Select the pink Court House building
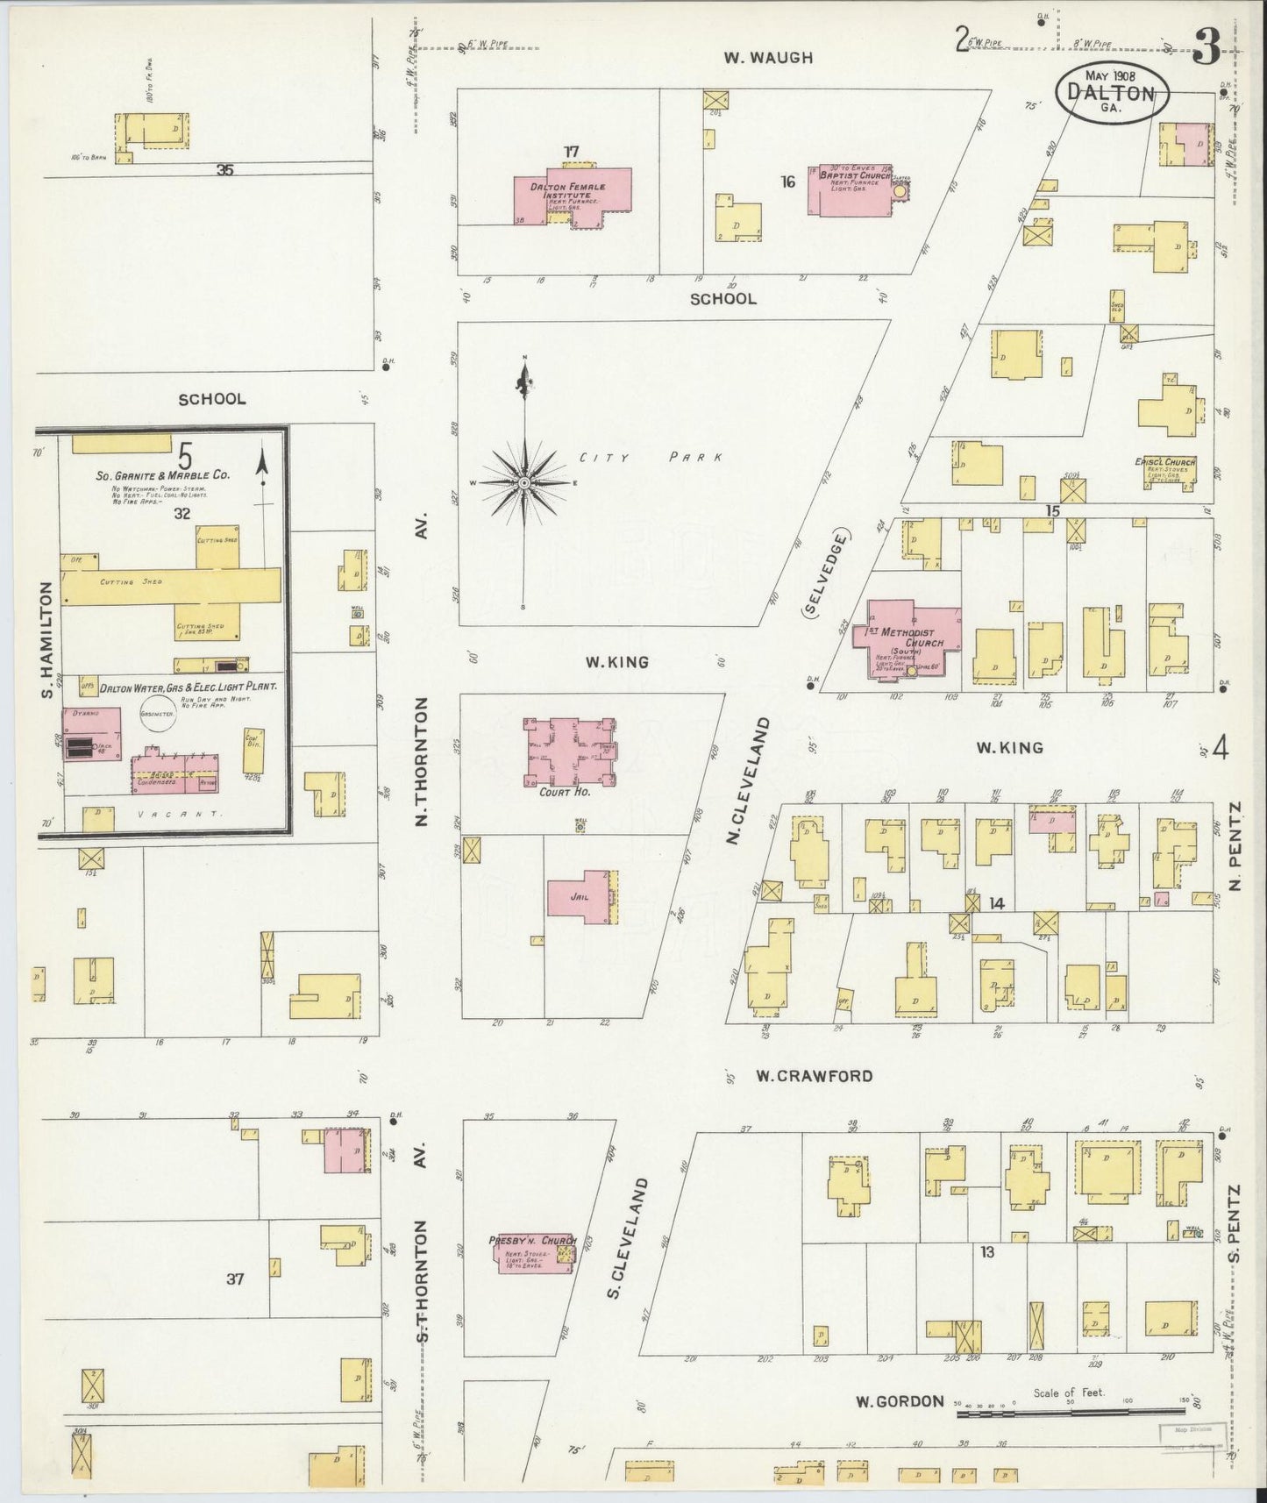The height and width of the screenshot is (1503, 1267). [571, 751]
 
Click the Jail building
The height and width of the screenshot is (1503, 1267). [577, 896]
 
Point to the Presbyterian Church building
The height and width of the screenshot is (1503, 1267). [533, 1252]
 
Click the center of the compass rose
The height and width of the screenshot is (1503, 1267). [523, 483]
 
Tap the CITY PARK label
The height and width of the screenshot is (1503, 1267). [651, 458]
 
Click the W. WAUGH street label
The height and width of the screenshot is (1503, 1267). [768, 58]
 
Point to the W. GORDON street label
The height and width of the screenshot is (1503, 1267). [900, 1401]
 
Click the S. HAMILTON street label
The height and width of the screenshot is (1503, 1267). [46, 642]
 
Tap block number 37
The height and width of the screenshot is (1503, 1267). [234, 1279]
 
